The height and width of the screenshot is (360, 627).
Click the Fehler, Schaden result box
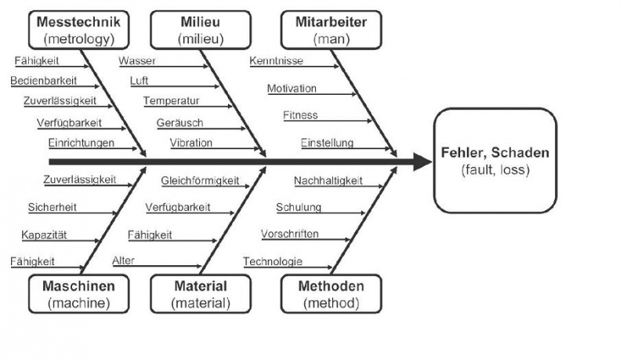[x=495, y=162]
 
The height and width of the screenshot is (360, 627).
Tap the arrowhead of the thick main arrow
[x=422, y=162]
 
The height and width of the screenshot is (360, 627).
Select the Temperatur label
[x=171, y=101]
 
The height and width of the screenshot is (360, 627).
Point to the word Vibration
[x=190, y=143]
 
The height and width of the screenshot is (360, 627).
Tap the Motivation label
[x=292, y=88]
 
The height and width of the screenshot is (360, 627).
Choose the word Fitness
[x=300, y=115]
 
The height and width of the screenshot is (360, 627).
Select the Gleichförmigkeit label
[x=200, y=180]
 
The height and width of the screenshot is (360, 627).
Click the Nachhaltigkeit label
[x=328, y=181]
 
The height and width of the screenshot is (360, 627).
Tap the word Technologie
[x=272, y=261]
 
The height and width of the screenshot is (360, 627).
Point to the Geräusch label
[x=179, y=123]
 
